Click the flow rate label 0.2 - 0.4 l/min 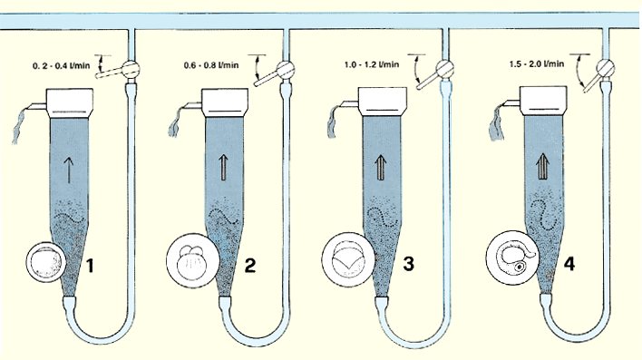[x=61, y=65]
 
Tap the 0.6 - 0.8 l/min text [x=211, y=65]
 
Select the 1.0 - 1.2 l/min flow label [x=372, y=64]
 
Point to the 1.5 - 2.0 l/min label [x=537, y=63]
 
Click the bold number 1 [x=91, y=266]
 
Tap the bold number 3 [x=408, y=263]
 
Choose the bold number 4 [x=569, y=263]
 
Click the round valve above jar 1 [x=131, y=68]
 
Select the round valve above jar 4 [x=605, y=67]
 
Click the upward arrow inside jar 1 [x=69, y=170]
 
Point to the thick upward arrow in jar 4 [x=543, y=165]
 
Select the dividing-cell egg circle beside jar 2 [x=192, y=261]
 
